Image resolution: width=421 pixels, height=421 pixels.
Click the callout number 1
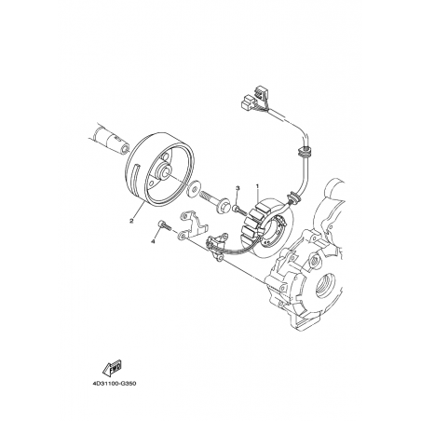[257, 186]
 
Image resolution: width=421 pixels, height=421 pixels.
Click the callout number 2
[131, 221]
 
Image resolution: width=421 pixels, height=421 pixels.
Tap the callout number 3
[238, 188]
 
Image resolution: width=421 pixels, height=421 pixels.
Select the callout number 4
[153, 241]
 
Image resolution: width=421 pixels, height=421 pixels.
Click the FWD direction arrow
[112, 367]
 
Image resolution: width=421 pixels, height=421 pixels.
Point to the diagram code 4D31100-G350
[114, 384]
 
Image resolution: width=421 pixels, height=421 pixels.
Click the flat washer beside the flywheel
[194, 189]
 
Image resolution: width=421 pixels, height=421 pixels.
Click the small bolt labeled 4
[165, 225]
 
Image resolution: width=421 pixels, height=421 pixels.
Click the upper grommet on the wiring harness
[304, 151]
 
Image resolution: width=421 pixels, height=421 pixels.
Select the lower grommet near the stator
[293, 197]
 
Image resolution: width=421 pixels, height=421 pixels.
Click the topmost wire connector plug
[260, 91]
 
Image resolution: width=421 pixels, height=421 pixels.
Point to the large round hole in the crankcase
[327, 285]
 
